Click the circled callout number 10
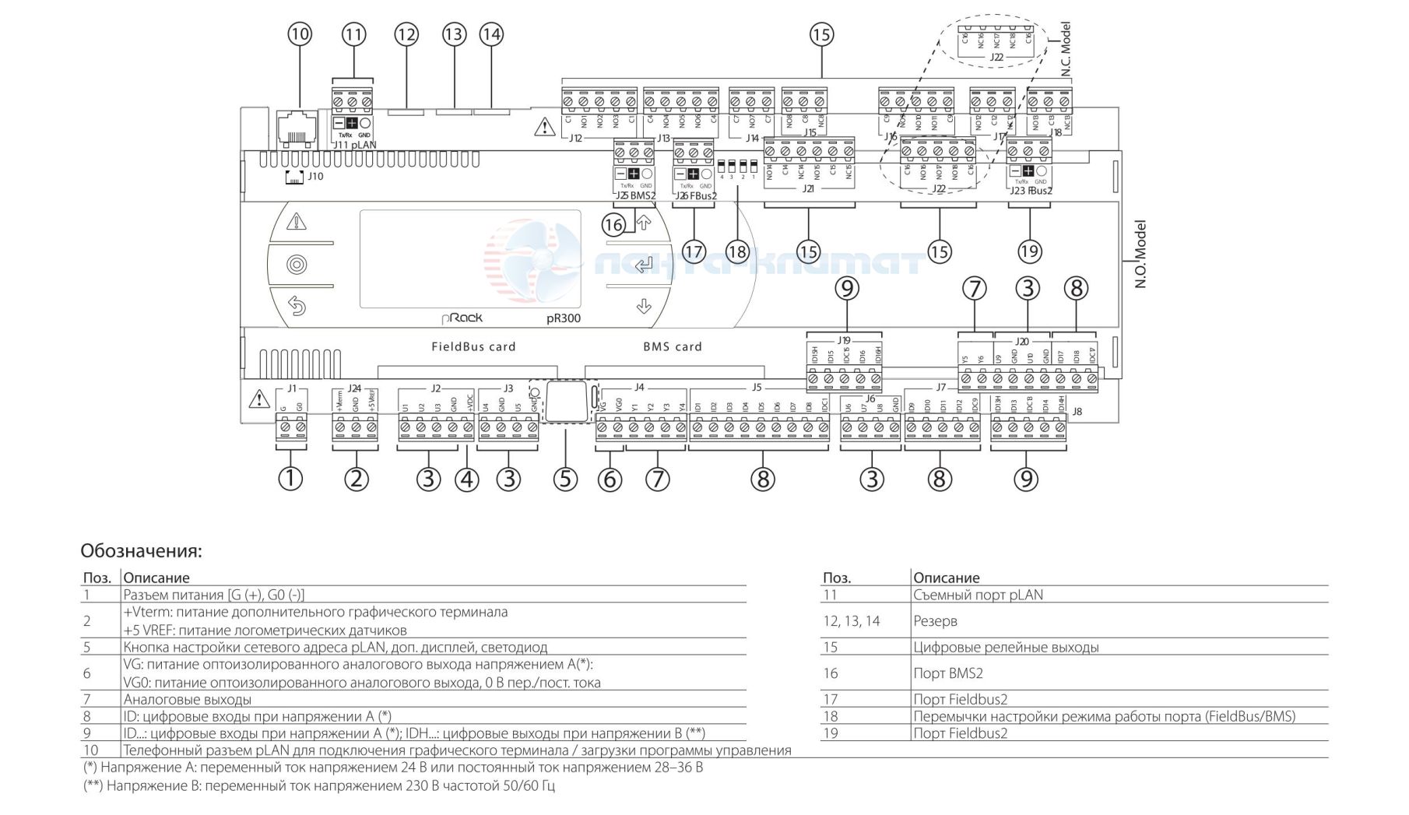(300, 34)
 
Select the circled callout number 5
(565, 479)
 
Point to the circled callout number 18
(736, 251)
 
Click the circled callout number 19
(1029, 251)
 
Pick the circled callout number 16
(613, 226)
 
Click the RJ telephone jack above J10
(296, 124)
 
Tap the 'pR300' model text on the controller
(563, 318)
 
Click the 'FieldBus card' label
(473, 346)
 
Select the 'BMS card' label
(673, 346)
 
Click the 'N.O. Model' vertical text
(1140, 255)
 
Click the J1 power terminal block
(292, 428)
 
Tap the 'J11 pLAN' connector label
(354, 145)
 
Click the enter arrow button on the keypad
(643, 265)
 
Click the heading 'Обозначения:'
(141, 551)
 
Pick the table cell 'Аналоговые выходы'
(188, 699)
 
